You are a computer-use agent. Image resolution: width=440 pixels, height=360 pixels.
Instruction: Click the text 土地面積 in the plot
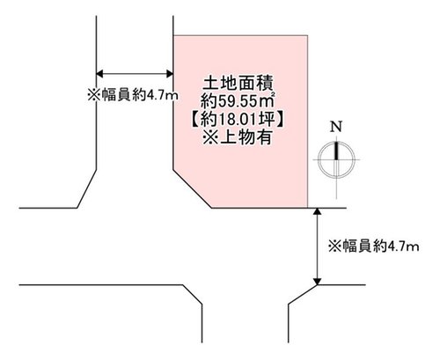(x=238, y=83)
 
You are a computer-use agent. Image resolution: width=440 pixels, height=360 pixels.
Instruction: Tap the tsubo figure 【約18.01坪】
(x=238, y=119)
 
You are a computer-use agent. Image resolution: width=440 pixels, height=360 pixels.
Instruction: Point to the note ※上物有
(x=237, y=136)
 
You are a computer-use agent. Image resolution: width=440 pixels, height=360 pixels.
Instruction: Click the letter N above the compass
(x=336, y=127)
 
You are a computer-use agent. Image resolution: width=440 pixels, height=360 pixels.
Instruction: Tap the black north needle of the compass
(x=336, y=151)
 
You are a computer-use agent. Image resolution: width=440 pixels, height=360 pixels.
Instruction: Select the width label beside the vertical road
(x=133, y=95)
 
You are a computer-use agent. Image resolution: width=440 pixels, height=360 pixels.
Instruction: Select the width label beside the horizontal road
(x=374, y=246)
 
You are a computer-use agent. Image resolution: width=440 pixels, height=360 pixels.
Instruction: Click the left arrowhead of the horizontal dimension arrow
(x=99, y=74)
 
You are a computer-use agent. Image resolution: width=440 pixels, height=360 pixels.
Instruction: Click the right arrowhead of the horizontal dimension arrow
(x=170, y=74)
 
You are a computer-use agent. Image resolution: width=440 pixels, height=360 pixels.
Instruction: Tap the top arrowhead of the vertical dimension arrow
(x=317, y=212)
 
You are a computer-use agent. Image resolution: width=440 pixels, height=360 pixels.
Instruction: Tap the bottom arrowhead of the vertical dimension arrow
(x=317, y=281)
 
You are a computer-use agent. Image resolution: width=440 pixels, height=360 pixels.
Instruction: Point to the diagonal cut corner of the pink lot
(x=193, y=188)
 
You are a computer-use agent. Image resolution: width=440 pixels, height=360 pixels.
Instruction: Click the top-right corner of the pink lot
(x=308, y=35)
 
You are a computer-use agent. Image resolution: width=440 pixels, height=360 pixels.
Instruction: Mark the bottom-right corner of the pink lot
(x=308, y=208)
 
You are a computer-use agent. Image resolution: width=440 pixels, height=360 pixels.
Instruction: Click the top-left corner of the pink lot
(x=173, y=35)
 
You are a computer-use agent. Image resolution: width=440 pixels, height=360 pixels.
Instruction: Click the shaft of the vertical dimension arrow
(x=317, y=246)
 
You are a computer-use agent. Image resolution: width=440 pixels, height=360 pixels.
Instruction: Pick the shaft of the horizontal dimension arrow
(x=135, y=74)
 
